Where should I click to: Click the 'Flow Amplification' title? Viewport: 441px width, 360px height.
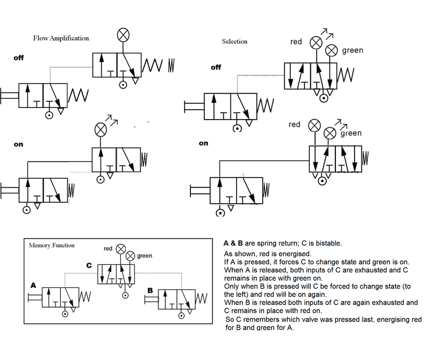click(x=61, y=38)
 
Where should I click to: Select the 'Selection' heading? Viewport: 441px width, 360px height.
click(x=234, y=41)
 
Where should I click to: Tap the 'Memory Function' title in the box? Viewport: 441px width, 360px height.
click(x=52, y=245)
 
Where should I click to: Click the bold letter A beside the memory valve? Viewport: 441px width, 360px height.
click(x=34, y=285)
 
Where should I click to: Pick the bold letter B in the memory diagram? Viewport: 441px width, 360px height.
click(x=150, y=290)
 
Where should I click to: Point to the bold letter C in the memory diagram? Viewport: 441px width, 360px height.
click(x=89, y=265)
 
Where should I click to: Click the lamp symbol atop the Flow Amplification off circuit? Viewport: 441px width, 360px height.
click(x=123, y=35)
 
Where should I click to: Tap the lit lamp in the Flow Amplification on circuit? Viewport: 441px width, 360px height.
click(x=101, y=129)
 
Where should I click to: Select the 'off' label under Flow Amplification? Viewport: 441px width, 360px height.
click(x=19, y=58)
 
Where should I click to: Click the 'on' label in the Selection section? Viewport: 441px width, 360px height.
click(x=203, y=143)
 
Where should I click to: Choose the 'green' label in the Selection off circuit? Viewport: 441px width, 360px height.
click(x=352, y=51)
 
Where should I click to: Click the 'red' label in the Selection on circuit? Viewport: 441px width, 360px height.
click(x=294, y=124)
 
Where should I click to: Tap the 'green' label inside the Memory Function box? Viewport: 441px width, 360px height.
click(x=144, y=255)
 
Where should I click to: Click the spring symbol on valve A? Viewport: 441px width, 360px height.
click(x=85, y=296)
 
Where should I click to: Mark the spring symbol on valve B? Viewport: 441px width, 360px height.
click(x=201, y=299)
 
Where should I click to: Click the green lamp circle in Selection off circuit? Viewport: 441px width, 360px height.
click(x=331, y=50)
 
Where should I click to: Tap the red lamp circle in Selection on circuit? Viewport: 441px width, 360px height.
click(x=314, y=125)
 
